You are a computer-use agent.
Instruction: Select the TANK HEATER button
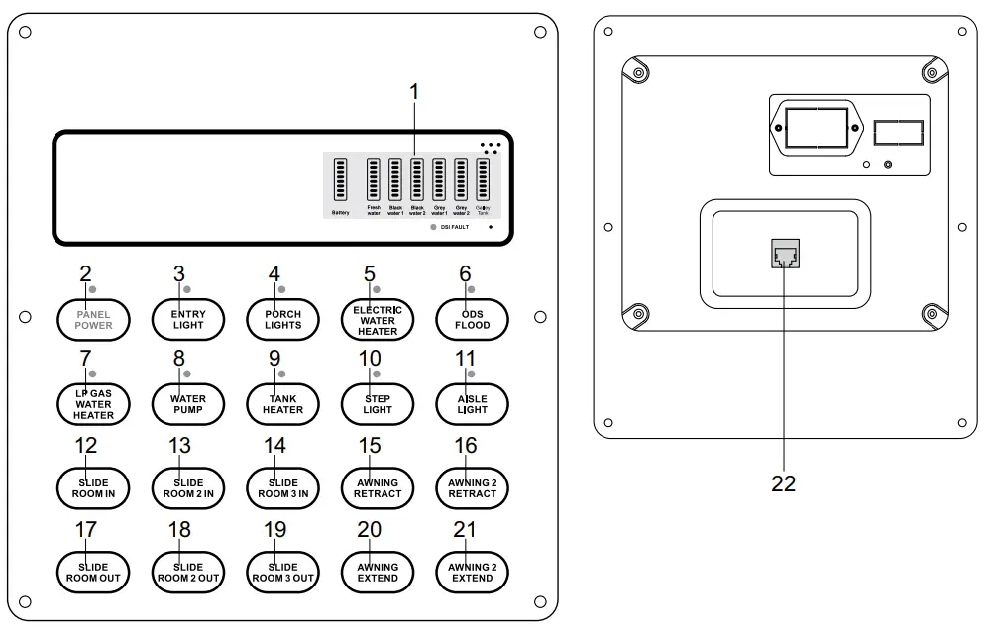click(282, 403)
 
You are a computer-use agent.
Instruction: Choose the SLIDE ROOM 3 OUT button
click(282, 572)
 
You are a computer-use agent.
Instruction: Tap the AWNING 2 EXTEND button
click(472, 572)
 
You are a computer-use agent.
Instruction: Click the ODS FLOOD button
click(472, 319)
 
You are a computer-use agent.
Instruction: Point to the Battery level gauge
click(340, 179)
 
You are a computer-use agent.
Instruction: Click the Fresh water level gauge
click(374, 179)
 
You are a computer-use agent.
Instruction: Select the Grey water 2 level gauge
click(461, 179)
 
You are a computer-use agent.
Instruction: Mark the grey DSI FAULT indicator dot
click(433, 228)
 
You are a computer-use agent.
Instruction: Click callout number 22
click(783, 483)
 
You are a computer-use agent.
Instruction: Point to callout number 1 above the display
click(414, 91)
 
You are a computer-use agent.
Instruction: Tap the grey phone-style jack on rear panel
click(784, 254)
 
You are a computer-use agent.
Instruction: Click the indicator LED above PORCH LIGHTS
click(282, 289)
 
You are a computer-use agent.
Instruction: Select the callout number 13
click(179, 445)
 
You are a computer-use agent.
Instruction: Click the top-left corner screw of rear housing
click(639, 73)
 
